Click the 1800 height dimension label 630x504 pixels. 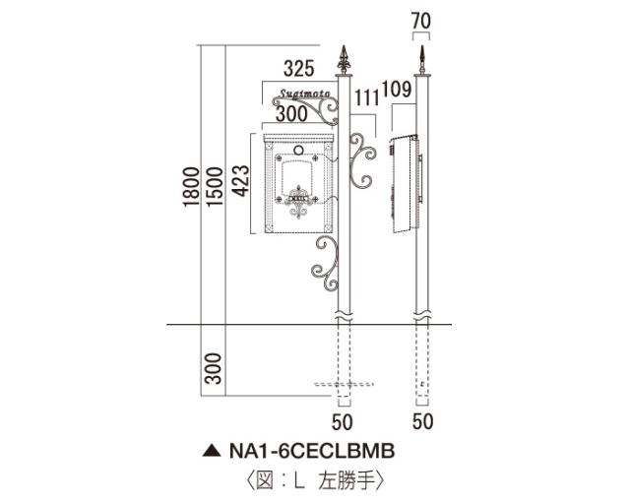pyautogui.click(x=191, y=186)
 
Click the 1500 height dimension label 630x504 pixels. pyautogui.click(x=215, y=186)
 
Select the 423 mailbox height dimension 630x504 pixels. pyautogui.click(x=241, y=181)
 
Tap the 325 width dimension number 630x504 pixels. pyautogui.click(x=298, y=69)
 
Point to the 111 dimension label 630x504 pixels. pyautogui.click(x=367, y=98)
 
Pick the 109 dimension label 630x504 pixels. pyautogui.click(x=397, y=90)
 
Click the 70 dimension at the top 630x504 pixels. pyautogui.click(x=421, y=21)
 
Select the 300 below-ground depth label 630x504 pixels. pyautogui.click(x=214, y=368)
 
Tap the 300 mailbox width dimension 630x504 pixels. pyautogui.click(x=291, y=114)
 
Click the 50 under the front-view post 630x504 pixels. pyautogui.click(x=343, y=422)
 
